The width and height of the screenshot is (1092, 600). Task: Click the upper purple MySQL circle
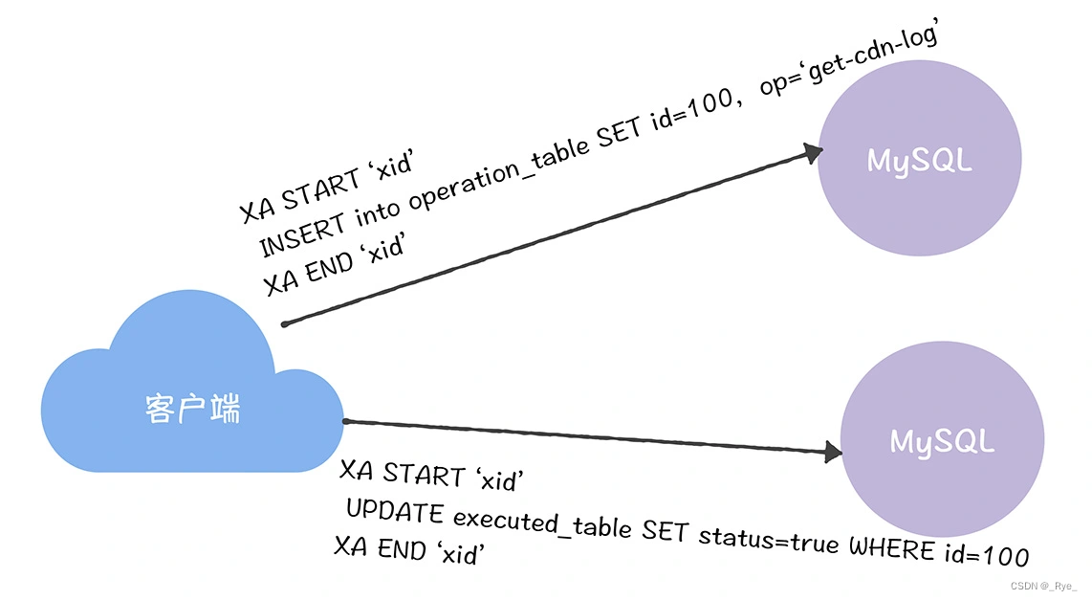coord(919,159)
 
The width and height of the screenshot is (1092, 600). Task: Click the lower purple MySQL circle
coord(942,441)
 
